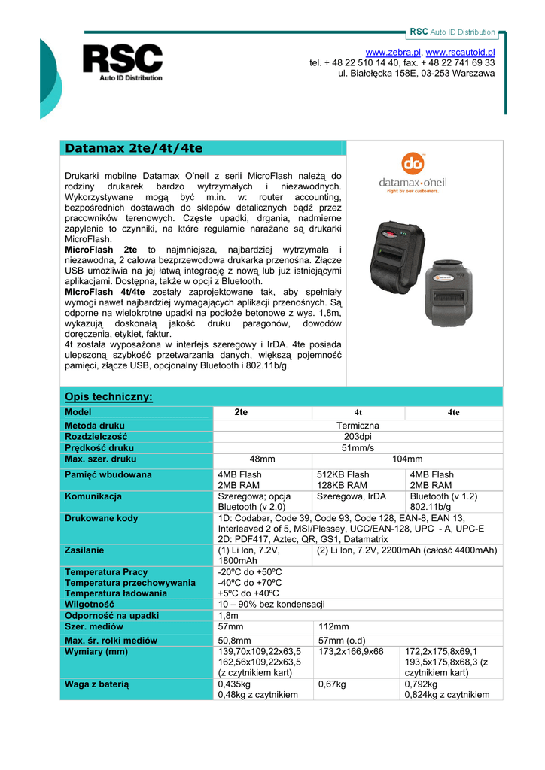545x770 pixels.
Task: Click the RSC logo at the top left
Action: [122, 62]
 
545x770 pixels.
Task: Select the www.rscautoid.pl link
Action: [461, 51]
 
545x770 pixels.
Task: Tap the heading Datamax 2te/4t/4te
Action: [134, 148]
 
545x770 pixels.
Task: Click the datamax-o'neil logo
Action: [413, 176]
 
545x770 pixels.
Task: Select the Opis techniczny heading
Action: [109, 396]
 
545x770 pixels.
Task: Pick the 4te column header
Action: [453, 412]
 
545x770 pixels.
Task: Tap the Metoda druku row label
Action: [95, 426]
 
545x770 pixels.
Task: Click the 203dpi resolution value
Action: [358, 437]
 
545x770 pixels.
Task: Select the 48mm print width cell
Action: [262, 459]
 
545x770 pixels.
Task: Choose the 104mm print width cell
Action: [407, 459]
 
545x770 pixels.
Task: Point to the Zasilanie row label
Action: [84, 550]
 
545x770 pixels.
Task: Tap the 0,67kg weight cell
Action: [331, 684]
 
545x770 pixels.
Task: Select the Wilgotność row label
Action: [90, 604]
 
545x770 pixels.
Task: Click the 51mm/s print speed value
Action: [358, 447]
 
